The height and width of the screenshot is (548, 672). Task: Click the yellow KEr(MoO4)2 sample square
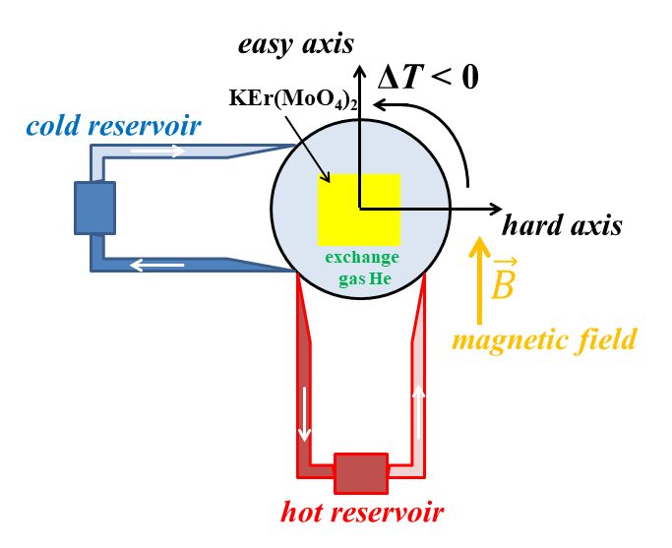(359, 210)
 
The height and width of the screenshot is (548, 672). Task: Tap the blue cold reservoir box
(94, 209)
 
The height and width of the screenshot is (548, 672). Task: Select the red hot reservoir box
(361, 473)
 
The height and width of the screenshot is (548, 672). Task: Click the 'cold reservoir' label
(113, 126)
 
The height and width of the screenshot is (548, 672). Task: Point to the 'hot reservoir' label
(362, 512)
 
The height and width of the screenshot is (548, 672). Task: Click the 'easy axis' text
(296, 44)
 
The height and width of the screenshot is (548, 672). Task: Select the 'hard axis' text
(562, 225)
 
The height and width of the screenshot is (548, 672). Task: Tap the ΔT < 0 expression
(428, 78)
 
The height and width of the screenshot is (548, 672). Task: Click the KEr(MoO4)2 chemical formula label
(293, 98)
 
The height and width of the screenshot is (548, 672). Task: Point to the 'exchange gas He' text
(363, 269)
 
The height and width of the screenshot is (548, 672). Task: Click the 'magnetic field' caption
(544, 339)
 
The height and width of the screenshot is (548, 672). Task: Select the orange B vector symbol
(504, 279)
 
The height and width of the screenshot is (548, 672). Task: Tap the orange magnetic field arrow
(480, 280)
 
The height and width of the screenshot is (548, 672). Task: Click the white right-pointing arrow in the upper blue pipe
(157, 151)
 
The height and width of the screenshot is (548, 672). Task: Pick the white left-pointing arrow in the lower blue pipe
(157, 266)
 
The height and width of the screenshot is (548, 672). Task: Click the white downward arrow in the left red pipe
(304, 414)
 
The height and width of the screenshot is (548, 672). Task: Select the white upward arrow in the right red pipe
(419, 412)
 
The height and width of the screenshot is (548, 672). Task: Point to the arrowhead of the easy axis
(359, 69)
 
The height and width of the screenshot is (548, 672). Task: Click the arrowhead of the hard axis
(497, 210)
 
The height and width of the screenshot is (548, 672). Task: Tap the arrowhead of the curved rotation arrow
(378, 104)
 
